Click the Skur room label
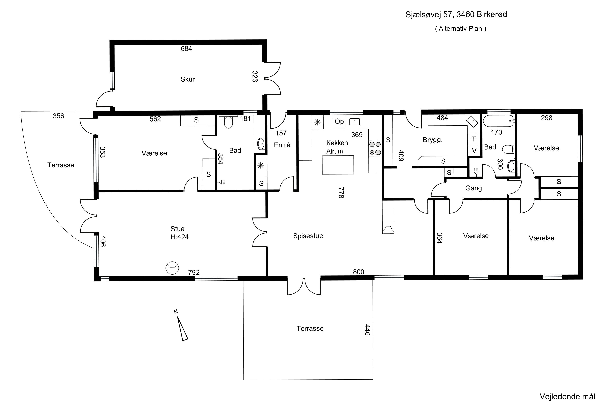187,79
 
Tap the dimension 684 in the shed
186,49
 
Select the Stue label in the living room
177,229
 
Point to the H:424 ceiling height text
180,237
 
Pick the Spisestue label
308,236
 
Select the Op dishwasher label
339,122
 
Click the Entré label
282,145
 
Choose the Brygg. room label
432,140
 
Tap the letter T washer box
474,139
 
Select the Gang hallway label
473,188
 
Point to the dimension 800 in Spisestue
359,272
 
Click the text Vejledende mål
567,396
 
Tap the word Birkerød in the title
492,14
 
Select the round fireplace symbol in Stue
172,268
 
